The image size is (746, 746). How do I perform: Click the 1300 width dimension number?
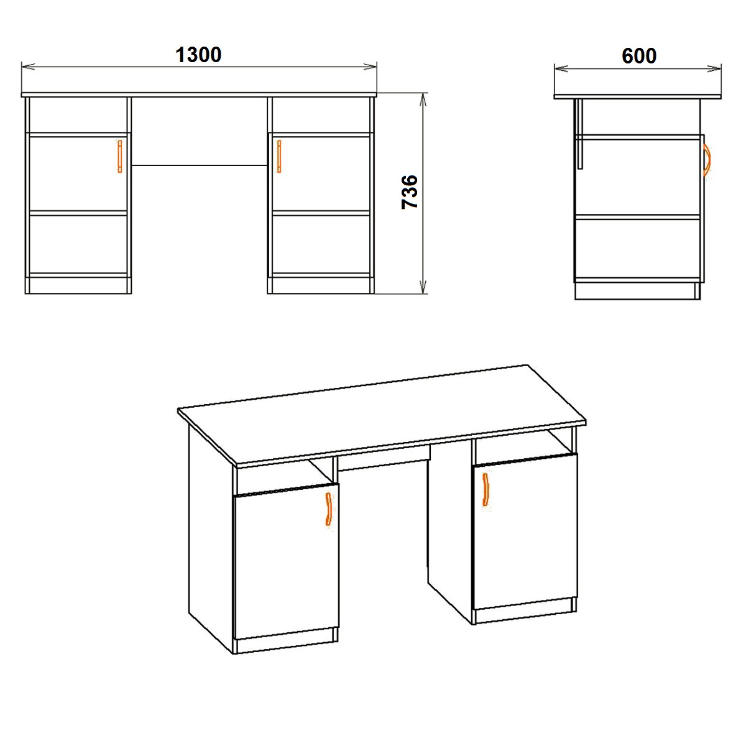(198, 55)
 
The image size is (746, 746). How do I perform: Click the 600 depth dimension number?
(639, 56)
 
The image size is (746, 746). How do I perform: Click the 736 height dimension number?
(410, 192)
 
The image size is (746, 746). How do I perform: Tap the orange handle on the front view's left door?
(120, 156)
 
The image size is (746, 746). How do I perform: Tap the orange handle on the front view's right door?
(279, 156)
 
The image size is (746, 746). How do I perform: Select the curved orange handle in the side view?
(707, 160)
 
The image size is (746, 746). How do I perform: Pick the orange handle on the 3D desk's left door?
(329, 509)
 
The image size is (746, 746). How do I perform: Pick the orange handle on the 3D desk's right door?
(486, 489)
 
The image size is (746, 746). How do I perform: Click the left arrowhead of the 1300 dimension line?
(28, 67)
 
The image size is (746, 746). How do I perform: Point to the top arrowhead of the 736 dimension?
(423, 99)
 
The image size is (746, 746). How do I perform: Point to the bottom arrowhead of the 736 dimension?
(423, 287)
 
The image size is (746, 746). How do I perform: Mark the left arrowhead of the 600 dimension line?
(561, 69)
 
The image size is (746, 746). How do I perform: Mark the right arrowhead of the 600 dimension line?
(714, 69)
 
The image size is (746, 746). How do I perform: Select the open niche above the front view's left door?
(78, 115)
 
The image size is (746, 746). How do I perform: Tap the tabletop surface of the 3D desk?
(381, 413)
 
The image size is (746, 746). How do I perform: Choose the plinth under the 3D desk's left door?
(287, 645)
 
